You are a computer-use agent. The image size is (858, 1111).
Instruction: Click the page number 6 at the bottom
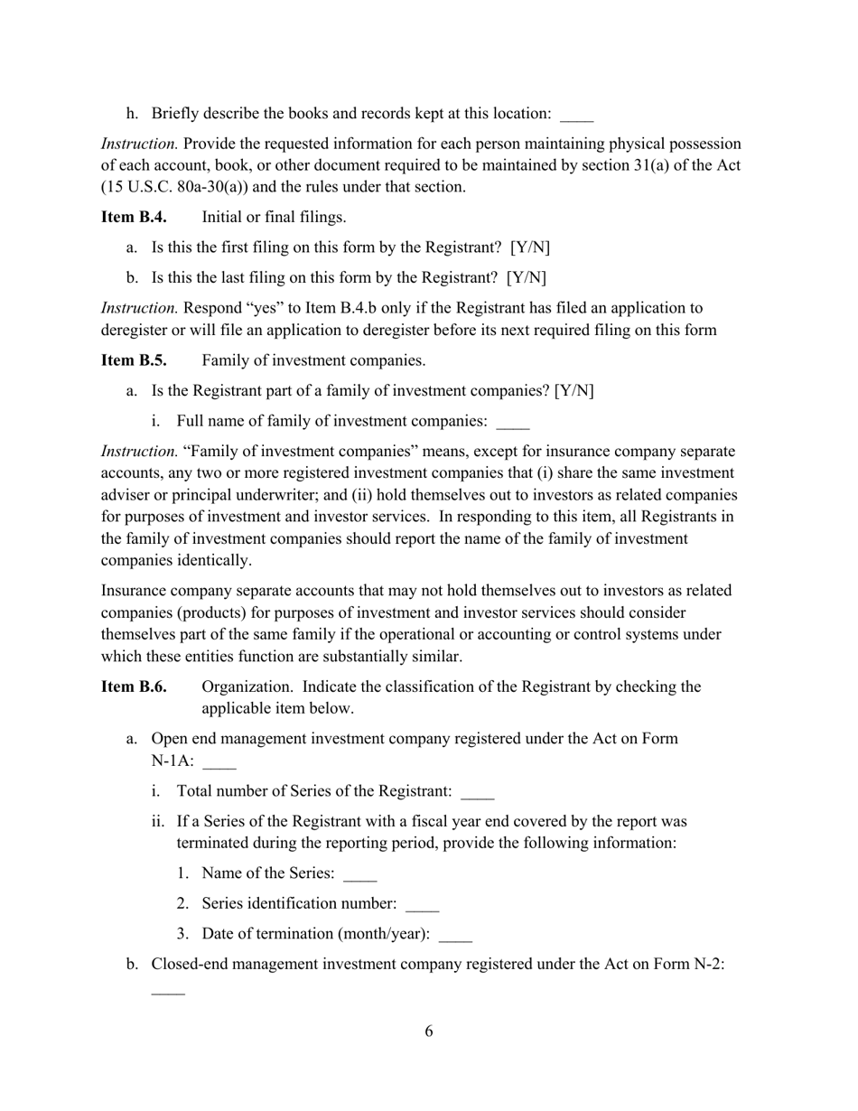pyautogui.click(x=428, y=1032)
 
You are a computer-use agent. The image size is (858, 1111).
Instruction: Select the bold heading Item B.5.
pyautogui.click(x=134, y=360)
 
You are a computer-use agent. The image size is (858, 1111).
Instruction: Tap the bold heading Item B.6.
pyautogui.click(x=134, y=686)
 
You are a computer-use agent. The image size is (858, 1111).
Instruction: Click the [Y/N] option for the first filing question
pyautogui.click(x=529, y=247)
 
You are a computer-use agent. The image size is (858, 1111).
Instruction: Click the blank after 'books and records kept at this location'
pyautogui.click(x=576, y=116)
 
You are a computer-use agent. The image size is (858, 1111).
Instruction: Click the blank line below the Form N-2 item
pyautogui.click(x=168, y=992)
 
